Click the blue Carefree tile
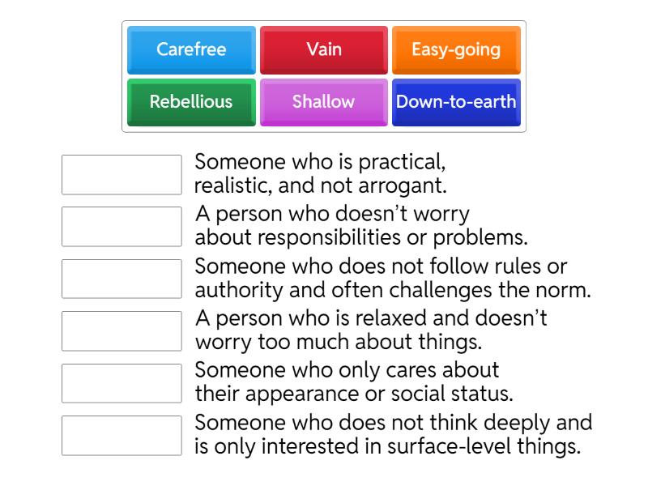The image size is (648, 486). click(191, 50)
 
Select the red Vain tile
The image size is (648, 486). click(324, 50)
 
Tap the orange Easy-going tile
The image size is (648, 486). click(456, 50)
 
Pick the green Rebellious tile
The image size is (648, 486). click(191, 102)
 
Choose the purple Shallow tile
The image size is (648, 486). click(324, 102)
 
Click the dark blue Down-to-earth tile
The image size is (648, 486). click(456, 102)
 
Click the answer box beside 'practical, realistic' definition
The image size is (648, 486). click(122, 175)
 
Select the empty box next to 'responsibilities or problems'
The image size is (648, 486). click(122, 227)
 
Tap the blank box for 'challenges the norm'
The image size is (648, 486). click(122, 279)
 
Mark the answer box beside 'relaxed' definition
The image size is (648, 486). click(122, 331)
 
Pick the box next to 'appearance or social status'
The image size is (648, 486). click(122, 384)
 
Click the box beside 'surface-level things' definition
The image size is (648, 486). click(122, 436)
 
